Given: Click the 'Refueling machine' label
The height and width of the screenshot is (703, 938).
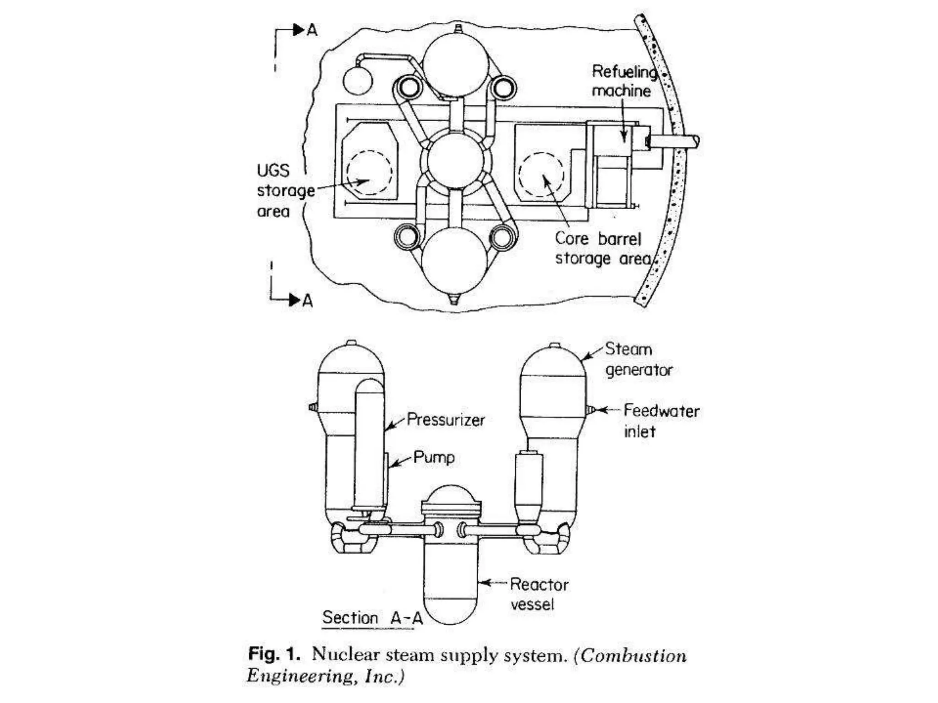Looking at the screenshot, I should [623, 81].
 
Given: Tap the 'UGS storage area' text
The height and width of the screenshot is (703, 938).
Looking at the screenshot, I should [285, 190].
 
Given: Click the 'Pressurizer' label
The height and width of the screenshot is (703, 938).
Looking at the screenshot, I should [445, 420].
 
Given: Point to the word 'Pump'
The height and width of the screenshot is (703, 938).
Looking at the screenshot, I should [434, 457].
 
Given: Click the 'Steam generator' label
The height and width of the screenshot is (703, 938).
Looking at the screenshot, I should [638, 359].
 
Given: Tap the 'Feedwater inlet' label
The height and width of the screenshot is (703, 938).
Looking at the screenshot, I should [661, 421].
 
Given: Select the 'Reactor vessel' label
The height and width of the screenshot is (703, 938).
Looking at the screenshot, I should [539, 594].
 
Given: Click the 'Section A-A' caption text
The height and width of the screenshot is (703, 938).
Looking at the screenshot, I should [372, 617].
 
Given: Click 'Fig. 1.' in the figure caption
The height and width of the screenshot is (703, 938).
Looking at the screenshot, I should [274, 654].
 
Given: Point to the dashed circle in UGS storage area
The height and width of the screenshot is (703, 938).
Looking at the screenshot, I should [369, 173].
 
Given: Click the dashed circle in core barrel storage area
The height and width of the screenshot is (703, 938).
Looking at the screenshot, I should [541, 174].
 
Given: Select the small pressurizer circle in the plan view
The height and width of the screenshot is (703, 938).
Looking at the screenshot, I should [358, 81].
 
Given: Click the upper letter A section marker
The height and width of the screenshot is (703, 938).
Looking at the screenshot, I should [312, 30].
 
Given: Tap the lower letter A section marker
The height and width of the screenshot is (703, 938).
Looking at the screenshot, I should [307, 301].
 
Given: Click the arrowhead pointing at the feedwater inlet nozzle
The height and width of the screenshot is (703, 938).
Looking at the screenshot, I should [603, 410].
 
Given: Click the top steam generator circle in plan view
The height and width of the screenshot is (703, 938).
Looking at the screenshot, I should [456, 65].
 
